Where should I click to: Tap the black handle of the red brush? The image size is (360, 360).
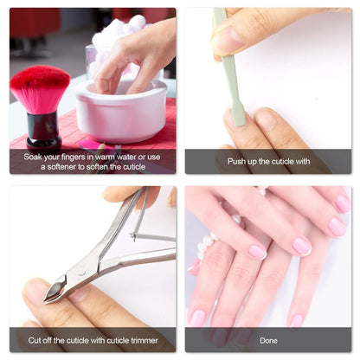click(x=42, y=129)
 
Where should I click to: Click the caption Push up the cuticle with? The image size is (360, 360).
click(x=268, y=161)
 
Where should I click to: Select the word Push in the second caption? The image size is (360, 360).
click(x=237, y=161)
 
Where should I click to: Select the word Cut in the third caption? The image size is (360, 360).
click(x=35, y=339)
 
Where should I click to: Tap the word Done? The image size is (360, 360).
click(x=268, y=339)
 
